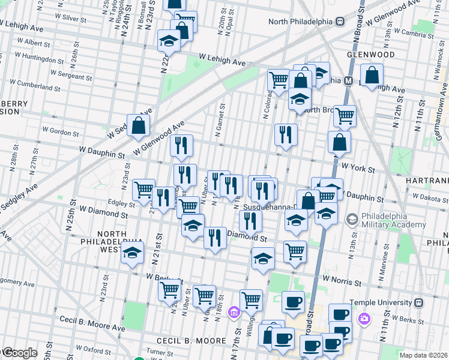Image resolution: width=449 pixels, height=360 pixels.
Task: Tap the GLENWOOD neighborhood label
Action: [x=370, y=55]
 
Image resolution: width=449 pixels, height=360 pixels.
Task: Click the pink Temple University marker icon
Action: [x=363, y=319]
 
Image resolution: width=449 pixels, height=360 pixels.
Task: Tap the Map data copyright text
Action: [x=423, y=355]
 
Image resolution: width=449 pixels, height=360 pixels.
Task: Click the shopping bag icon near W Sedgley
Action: [x=139, y=125]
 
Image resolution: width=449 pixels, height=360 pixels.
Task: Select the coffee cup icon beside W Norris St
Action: [x=293, y=301]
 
